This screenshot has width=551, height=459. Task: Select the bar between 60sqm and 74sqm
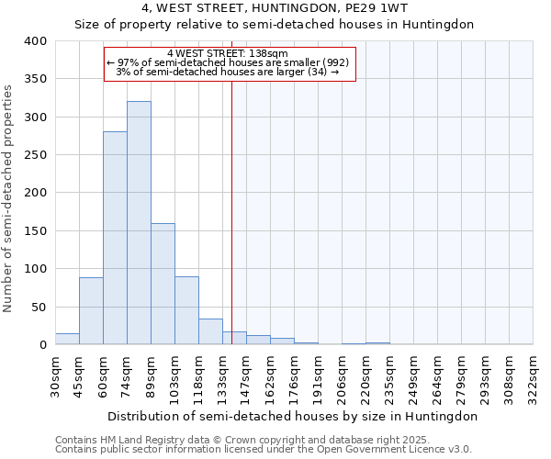115,239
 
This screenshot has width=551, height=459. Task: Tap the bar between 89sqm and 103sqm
163,284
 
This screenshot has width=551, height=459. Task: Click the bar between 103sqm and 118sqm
186,310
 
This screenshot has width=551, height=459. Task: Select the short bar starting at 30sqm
67,339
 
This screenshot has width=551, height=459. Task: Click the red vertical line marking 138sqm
231,211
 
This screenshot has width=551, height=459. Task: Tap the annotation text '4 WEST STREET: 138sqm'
229,53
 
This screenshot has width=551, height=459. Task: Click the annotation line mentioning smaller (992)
229,62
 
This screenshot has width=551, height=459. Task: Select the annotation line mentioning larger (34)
229,72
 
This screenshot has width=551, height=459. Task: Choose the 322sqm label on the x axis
534,375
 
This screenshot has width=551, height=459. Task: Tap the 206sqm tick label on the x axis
343,375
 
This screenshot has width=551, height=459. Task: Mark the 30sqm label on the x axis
56,375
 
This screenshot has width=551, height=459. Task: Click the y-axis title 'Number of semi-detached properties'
9,197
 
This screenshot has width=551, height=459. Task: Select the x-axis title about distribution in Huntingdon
292,416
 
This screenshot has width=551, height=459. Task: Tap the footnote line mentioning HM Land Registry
242,440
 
